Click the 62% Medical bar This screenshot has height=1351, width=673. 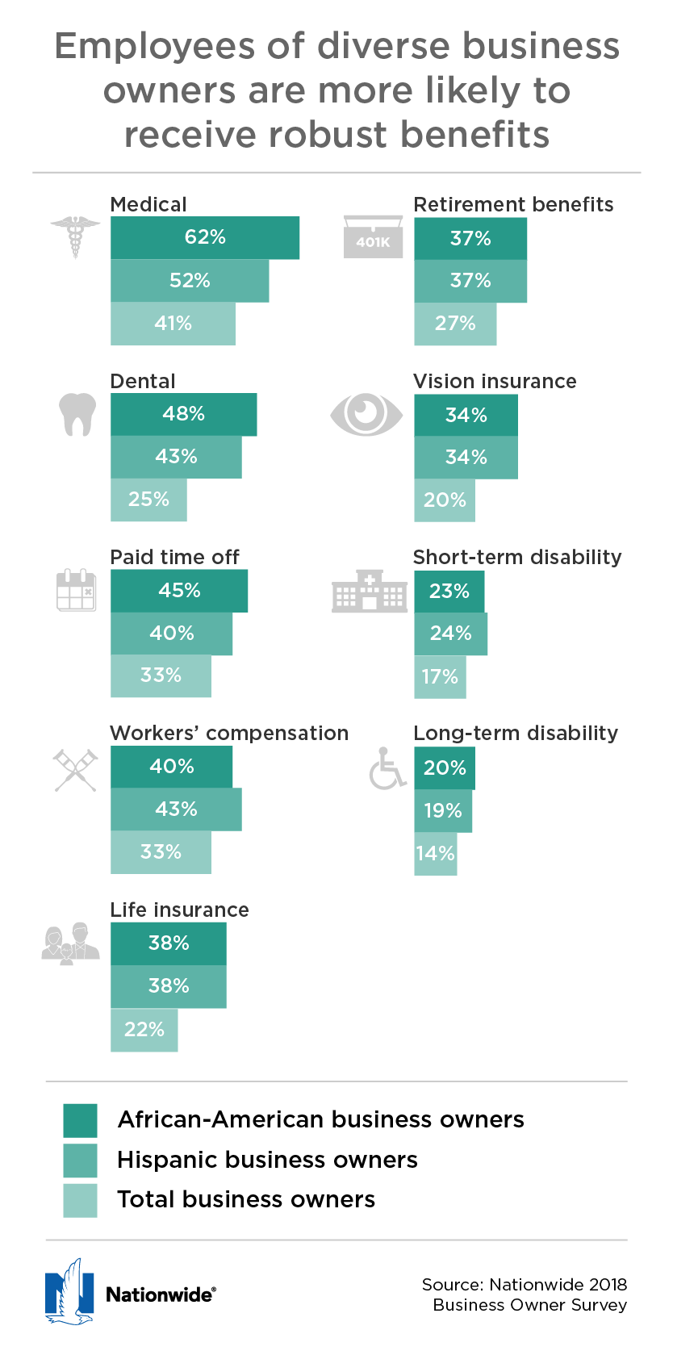(x=205, y=237)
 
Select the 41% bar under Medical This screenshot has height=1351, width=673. (x=173, y=324)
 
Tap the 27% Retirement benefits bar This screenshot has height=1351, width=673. (x=455, y=324)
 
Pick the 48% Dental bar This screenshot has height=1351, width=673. (x=183, y=414)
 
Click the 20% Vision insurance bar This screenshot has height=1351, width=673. (x=445, y=500)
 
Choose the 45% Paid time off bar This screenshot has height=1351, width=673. (x=179, y=591)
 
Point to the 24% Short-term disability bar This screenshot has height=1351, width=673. (x=450, y=634)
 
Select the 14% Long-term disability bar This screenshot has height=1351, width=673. (x=436, y=854)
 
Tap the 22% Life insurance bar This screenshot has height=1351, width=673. (x=144, y=1030)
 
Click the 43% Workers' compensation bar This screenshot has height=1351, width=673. (x=176, y=809)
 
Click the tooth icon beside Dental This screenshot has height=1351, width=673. (x=78, y=414)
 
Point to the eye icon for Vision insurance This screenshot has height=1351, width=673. (x=366, y=414)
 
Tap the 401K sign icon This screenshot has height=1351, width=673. (x=373, y=237)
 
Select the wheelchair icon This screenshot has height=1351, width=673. (x=387, y=768)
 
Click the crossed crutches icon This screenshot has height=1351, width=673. (x=76, y=770)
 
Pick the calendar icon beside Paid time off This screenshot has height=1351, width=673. (x=77, y=590)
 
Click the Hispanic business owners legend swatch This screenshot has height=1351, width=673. (x=80, y=1161)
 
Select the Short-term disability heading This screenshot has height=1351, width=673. (x=517, y=557)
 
